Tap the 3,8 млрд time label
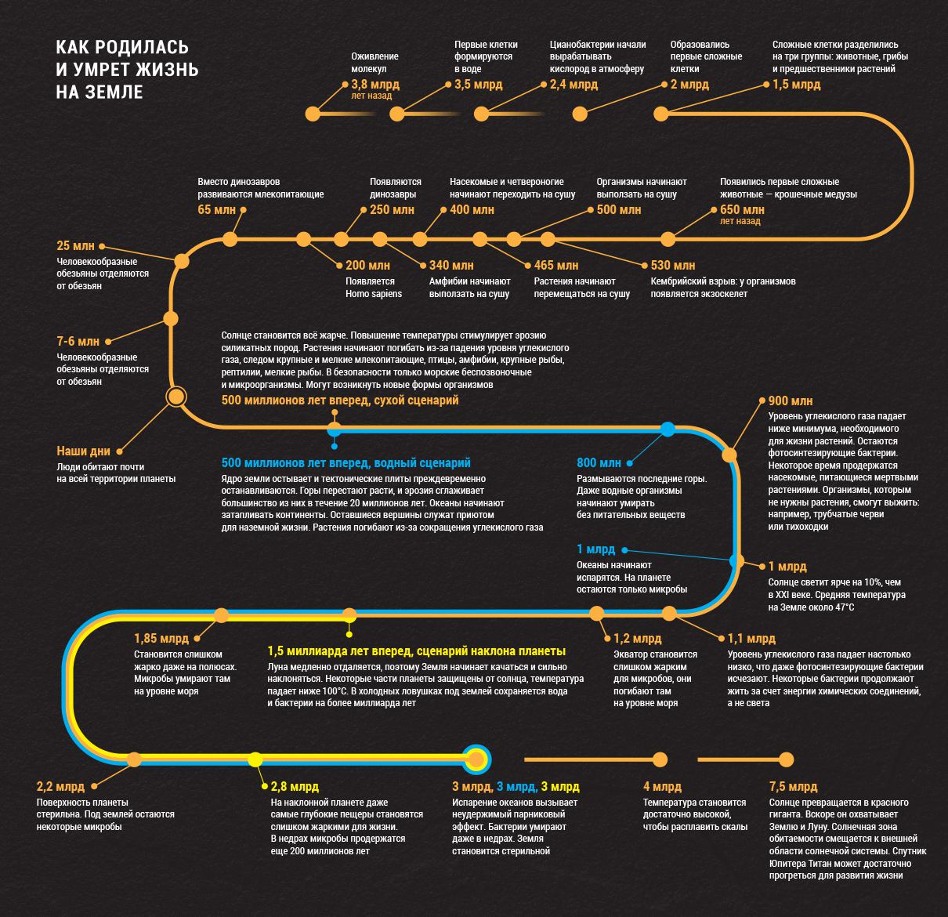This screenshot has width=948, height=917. pyautogui.click(x=375, y=85)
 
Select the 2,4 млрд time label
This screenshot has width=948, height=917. pyautogui.click(x=574, y=85)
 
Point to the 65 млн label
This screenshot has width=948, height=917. pyautogui.click(x=216, y=209)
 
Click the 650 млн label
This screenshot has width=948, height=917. pyautogui.click(x=742, y=209)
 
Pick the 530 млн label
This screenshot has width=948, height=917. pyautogui.click(x=673, y=265)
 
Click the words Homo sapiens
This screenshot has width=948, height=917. pyautogui.click(x=374, y=293)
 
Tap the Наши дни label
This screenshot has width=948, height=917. pyautogui.click(x=83, y=451)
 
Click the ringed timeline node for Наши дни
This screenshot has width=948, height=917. pyautogui.click(x=175, y=397)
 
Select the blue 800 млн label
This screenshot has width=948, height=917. pyautogui.click(x=599, y=462)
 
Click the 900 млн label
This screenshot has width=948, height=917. pyautogui.click(x=791, y=401)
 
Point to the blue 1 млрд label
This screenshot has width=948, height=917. pyautogui.click(x=595, y=549)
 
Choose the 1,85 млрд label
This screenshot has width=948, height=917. pyautogui.click(x=161, y=638)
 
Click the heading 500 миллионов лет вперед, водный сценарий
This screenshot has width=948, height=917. pyautogui.click(x=346, y=462)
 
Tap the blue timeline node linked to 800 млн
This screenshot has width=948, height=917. pyautogui.click(x=668, y=429)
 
